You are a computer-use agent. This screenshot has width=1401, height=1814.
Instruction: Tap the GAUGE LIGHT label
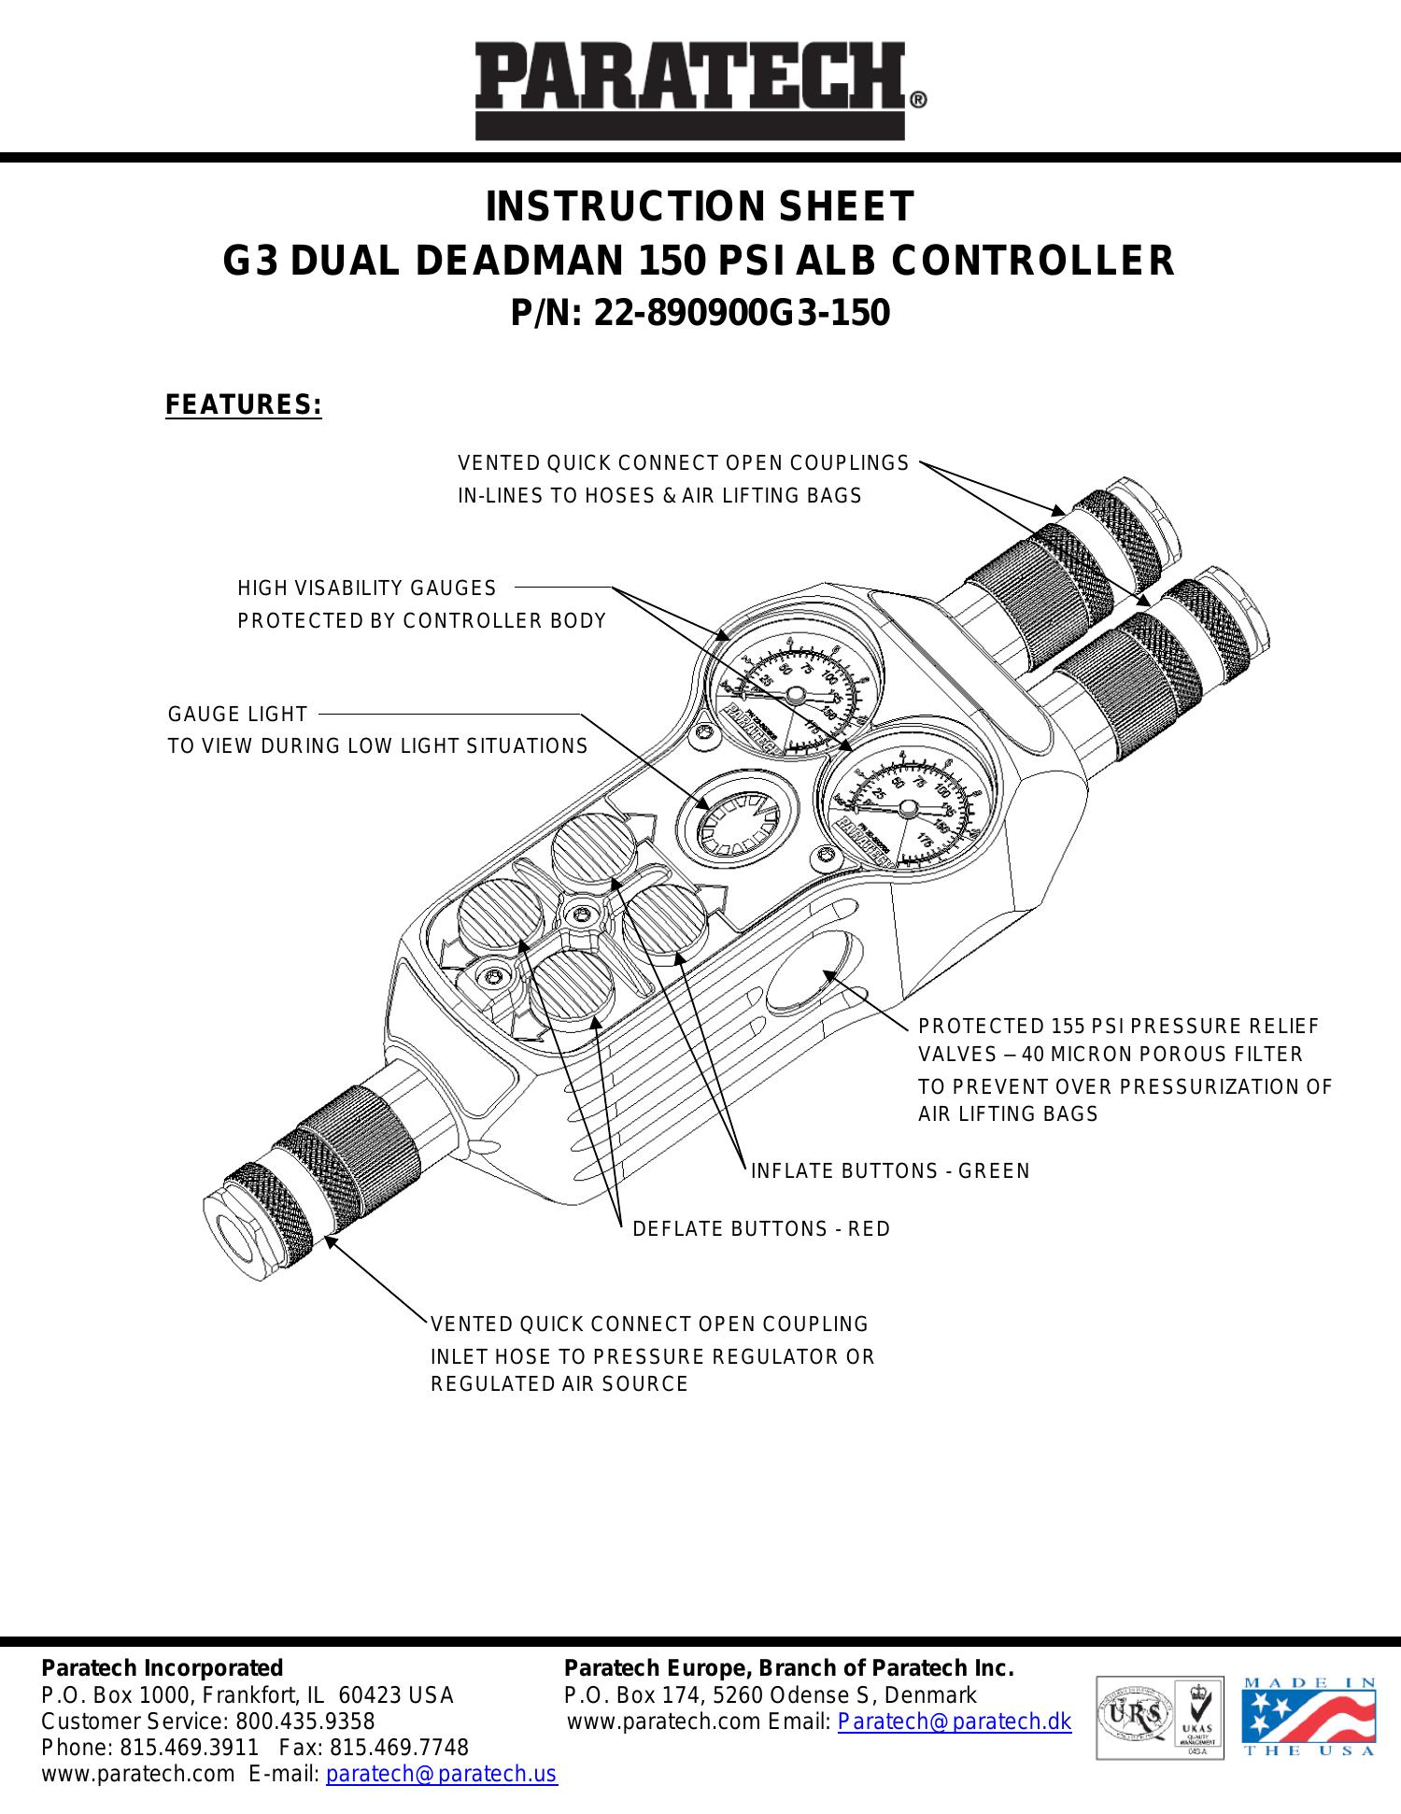coord(237,715)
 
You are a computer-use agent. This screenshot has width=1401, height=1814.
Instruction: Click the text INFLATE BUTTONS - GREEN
coord(890,1171)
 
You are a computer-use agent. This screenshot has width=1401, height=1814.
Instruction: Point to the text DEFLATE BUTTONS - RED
coord(761,1229)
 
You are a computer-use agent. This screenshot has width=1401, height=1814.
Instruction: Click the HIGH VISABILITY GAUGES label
coord(367,588)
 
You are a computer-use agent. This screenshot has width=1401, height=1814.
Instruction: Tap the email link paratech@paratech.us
coord(441,1774)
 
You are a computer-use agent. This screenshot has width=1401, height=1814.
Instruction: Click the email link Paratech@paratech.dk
coord(955,1722)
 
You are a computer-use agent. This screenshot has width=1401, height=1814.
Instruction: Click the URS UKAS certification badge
coord(1160,1717)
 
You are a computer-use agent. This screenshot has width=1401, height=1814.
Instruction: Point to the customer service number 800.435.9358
coord(304,1722)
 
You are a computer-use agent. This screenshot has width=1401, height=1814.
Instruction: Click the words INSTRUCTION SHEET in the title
coord(700,207)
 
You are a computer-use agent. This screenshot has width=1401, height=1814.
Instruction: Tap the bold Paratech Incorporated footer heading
coord(162,1668)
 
